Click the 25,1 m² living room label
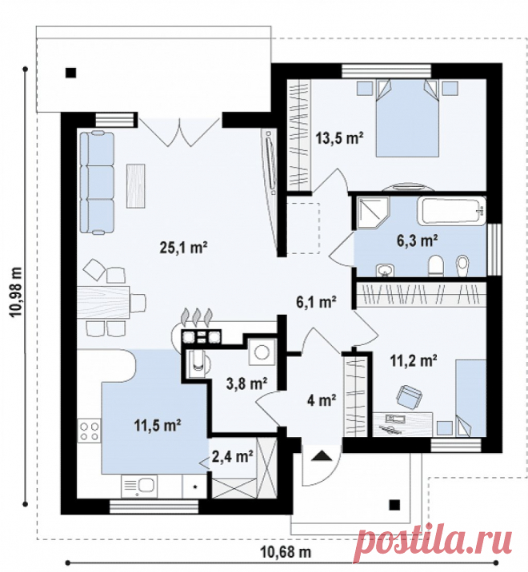pos(183,248)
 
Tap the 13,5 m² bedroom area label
pos(339,138)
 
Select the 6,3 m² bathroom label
pos(418,240)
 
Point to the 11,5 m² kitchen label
pos(158,425)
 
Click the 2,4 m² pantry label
pos(233,456)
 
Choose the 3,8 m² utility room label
pos(246,383)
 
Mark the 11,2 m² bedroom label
pos(414,361)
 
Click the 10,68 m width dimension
pos(286,552)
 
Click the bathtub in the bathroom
pos(452,211)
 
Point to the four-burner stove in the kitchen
pos(89,431)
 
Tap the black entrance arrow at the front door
pos(321,455)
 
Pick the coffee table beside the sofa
pos(135,186)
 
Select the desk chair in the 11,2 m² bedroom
pos(409,395)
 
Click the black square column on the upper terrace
pos(71,73)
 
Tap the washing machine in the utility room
pos(262,352)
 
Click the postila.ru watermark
pos(434,542)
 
